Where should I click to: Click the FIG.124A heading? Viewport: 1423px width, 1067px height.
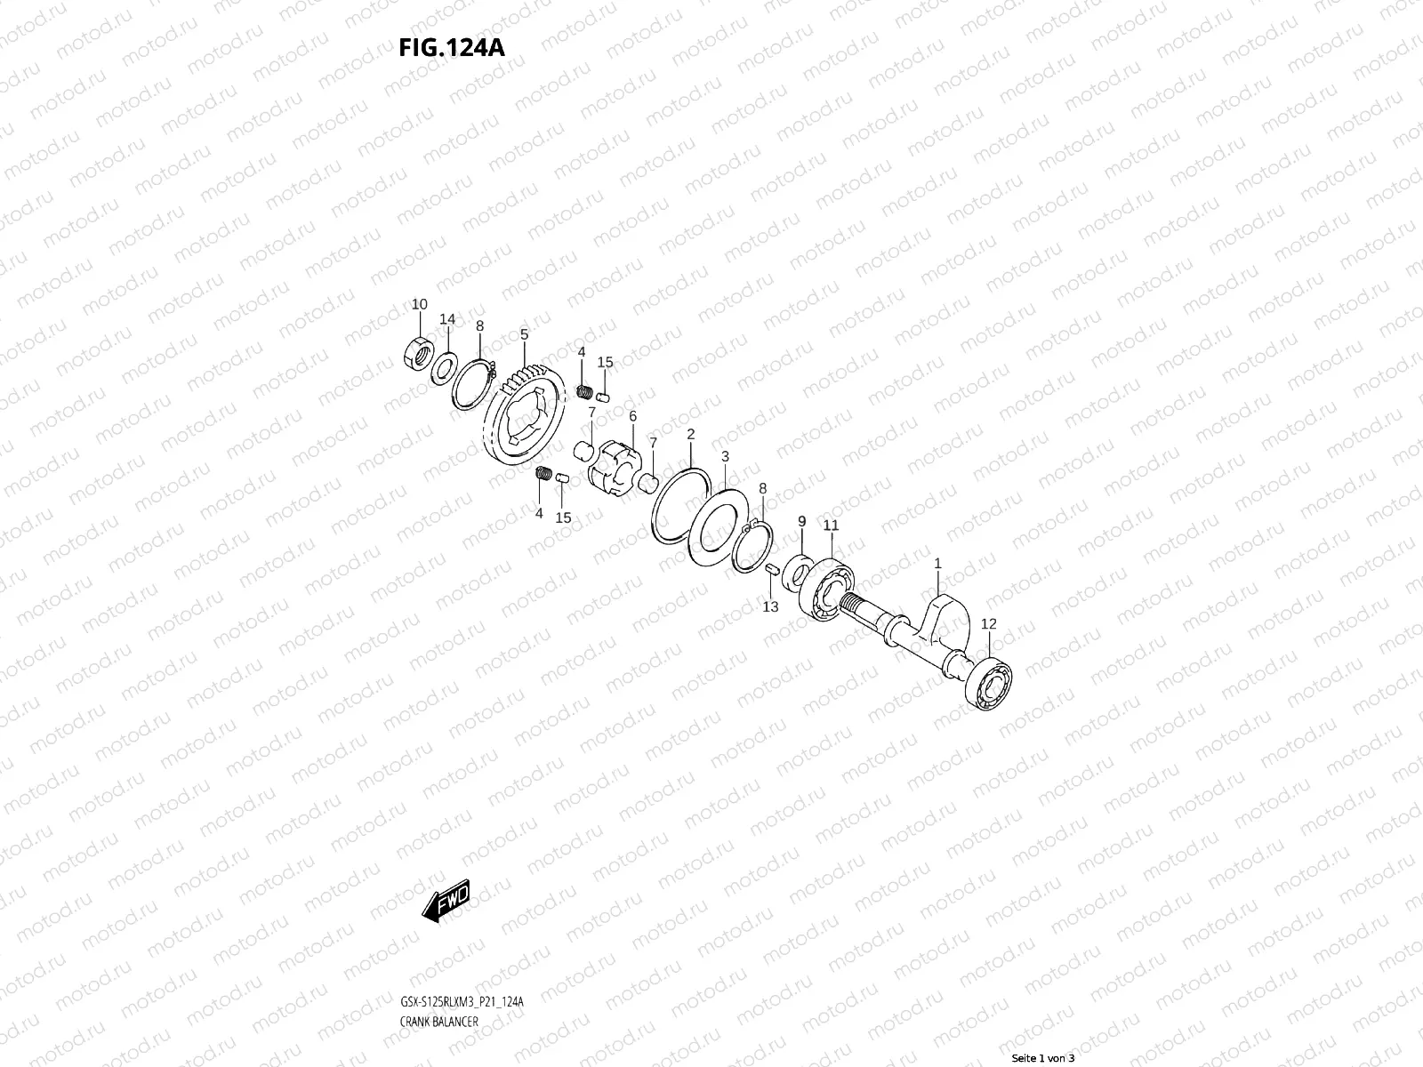[x=452, y=46]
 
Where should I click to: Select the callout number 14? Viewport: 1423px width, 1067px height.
[x=447, y=319]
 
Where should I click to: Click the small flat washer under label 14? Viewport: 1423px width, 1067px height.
[x=446, y=365]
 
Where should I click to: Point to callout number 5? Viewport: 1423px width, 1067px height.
[x=524, y=334]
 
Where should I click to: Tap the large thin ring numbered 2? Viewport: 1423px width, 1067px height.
[x=680, y=504]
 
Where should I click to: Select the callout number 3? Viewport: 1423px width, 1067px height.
[x=725, y=456]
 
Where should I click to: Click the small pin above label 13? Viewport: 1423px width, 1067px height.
[x=771, y=568]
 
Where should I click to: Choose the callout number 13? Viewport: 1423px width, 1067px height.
[x=770, y=606]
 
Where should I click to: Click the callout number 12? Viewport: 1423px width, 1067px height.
[x=989, y=624]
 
